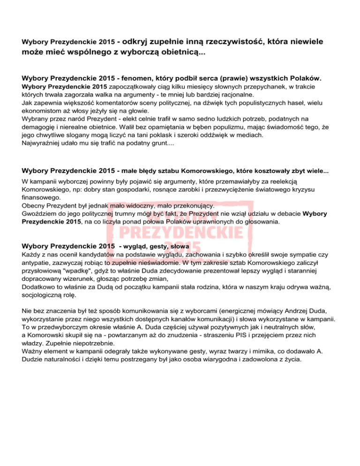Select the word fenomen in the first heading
pos(140,77)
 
